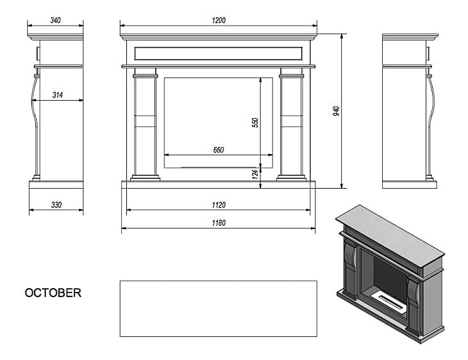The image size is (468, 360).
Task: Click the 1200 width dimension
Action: point(219,21)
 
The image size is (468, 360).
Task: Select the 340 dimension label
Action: point(55,21)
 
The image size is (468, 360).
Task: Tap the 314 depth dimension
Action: point(58,95)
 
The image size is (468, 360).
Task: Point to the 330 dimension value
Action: point(56,205)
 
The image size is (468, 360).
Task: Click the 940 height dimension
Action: point(336,111)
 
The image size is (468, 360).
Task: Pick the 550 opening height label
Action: point(255,121)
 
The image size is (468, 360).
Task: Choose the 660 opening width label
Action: point(218,150)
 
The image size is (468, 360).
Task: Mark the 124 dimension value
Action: point(255,172)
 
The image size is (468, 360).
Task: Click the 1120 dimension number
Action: point(218,205)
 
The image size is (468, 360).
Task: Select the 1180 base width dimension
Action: point(218,223)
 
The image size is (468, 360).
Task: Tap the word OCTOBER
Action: point(53,293)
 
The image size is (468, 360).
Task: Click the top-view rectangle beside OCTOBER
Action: point(218,309)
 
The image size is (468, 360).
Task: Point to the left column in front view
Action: point(146,125)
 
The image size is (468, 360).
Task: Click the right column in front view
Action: point(291,125)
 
